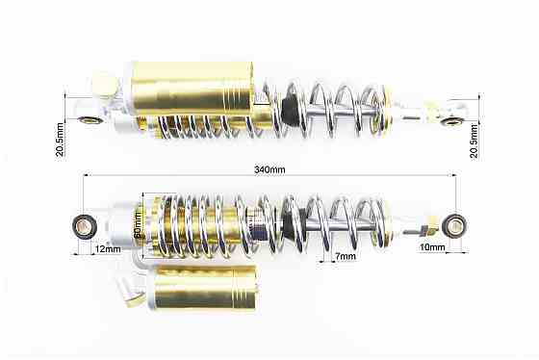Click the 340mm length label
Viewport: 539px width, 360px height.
point(269,169)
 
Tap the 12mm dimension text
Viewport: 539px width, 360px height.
point(108,249)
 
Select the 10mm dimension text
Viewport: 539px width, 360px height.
point(432,246)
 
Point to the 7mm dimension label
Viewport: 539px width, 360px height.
point(346,256)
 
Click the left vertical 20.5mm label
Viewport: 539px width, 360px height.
point(60,140)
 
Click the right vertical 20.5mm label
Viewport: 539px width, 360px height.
point(474,141)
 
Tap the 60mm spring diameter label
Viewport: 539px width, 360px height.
point(137,225)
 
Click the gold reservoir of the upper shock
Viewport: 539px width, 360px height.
point(193,87)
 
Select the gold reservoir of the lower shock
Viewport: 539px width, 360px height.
point(205,288)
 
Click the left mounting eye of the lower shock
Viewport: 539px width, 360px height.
point(85,226)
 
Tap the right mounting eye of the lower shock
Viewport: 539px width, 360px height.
point(454,226)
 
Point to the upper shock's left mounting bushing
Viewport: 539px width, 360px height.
point(90,120)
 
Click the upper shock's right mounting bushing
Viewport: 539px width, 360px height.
point(452,121)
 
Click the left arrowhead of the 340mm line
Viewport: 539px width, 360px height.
point(87,175)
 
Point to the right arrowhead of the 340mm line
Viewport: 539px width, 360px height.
point(453,175)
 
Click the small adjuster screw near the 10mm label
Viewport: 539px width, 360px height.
point(422,231)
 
